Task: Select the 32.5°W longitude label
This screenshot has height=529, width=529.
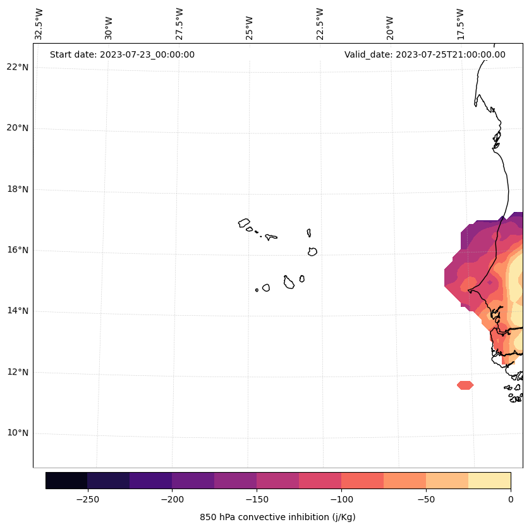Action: coord(39,24)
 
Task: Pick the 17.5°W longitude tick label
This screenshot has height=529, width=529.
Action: coord(461,24)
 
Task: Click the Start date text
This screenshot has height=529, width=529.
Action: coord(122,54)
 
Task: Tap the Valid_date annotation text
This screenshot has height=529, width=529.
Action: coord(425,54)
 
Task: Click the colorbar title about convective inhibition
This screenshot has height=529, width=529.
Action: coord(277,517)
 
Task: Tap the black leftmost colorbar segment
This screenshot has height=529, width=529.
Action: coord(66,480)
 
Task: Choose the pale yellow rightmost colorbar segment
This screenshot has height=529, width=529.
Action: coord(489,480)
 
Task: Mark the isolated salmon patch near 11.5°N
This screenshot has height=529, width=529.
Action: coord(465,385)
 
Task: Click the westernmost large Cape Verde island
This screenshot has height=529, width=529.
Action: coord(244,223)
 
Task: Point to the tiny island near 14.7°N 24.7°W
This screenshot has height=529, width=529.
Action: coord(257,290)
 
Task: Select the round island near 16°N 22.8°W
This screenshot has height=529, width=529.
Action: coord(312,252)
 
